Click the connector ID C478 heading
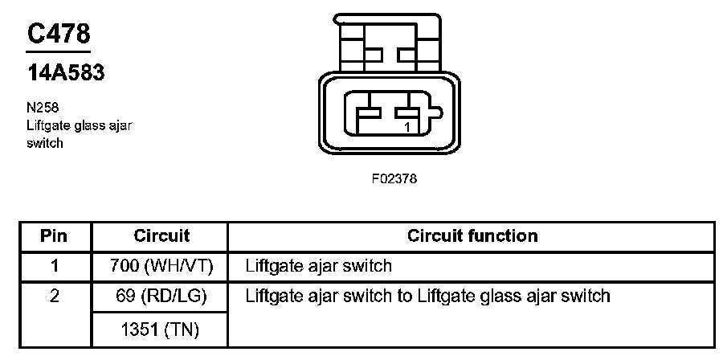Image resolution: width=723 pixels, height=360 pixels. tap(59, 35)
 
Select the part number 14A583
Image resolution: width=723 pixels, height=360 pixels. tap(66, 74)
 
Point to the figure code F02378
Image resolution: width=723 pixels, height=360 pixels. tap(394, 178)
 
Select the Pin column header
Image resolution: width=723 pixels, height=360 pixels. tap(55, 235)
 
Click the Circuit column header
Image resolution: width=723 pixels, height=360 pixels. tap(161, 235)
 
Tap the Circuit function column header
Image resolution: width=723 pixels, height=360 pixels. tap(472, 235)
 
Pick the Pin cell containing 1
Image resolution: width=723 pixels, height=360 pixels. tap(55, 265)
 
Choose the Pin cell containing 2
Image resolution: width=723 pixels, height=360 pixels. tap(55, 296)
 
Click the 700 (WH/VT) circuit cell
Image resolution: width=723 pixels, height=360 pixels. tap(161, 265)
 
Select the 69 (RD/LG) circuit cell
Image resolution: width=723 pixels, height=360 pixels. tap(161, 296)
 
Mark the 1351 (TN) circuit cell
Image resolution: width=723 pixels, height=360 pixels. tap(161, 329)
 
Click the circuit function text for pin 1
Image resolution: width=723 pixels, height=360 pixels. tap(318, 265)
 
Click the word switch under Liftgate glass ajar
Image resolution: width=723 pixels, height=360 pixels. tap(44, 143)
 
